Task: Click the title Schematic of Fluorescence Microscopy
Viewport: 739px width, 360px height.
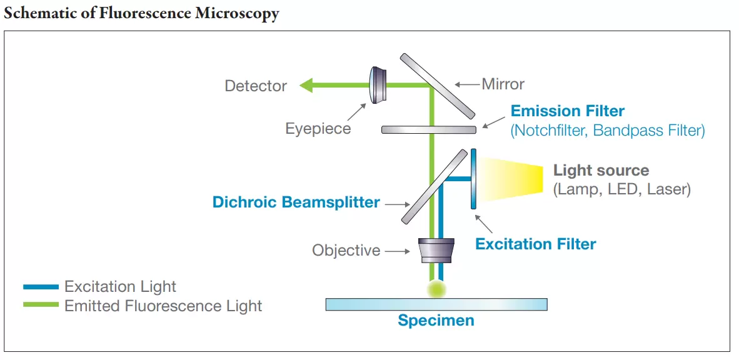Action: coord(141,13)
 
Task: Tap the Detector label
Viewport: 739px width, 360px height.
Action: coord(256,86)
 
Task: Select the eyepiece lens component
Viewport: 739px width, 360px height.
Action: coord(378,85)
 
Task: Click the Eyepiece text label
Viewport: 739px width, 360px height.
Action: coord(318,129)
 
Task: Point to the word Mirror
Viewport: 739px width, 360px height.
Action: coord(503,84)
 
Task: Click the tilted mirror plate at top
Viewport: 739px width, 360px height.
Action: coord(438,86)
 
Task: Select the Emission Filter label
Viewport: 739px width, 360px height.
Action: coord(567,111)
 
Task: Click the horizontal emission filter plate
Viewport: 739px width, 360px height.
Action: coord(428,129)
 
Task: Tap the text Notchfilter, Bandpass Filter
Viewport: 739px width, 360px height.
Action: coord(607,131)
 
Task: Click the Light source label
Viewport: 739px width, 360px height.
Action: coord(601,170)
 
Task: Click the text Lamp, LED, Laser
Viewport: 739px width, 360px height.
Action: coord(621,189)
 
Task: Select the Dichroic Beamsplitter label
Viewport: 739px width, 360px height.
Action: coord(296,202)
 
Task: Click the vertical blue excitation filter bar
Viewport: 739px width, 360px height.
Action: coord(473,178)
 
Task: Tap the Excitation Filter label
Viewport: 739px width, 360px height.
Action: coord(535,244)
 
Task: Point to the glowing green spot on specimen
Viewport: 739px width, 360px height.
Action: coord(436,288)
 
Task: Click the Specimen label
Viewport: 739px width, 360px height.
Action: coord(436,321)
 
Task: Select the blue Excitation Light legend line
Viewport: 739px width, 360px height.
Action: coord(41,287)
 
